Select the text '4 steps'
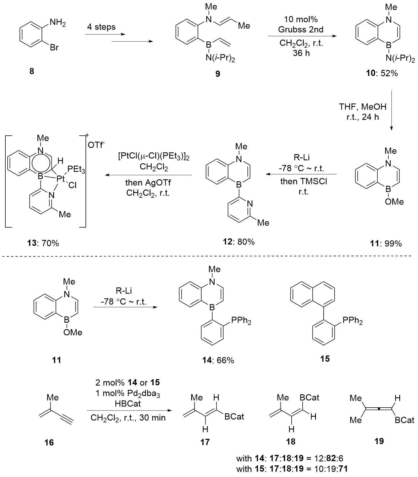[102, 27]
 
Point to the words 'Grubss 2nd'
[301, 29]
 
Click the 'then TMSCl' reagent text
[303, 182]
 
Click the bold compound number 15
[325, 359]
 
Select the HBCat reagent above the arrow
[128, 404]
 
